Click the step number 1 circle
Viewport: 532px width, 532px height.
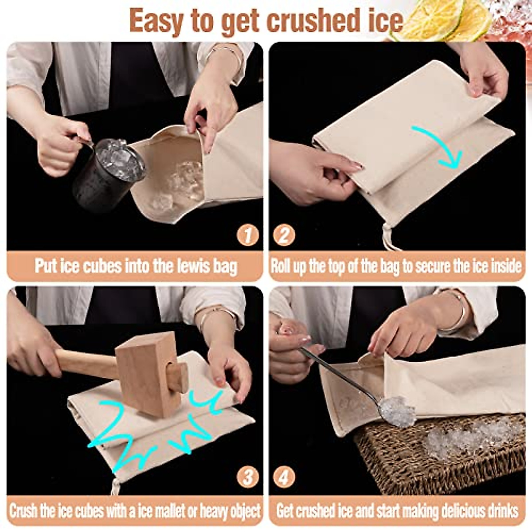(247, 235)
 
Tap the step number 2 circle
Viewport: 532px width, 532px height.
(284, 235)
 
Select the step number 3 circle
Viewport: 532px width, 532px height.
(247, 477)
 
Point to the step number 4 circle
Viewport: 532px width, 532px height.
(284, 477)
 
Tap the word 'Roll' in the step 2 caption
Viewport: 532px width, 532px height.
(281, 266)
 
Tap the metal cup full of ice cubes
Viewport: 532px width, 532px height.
(109, 173)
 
